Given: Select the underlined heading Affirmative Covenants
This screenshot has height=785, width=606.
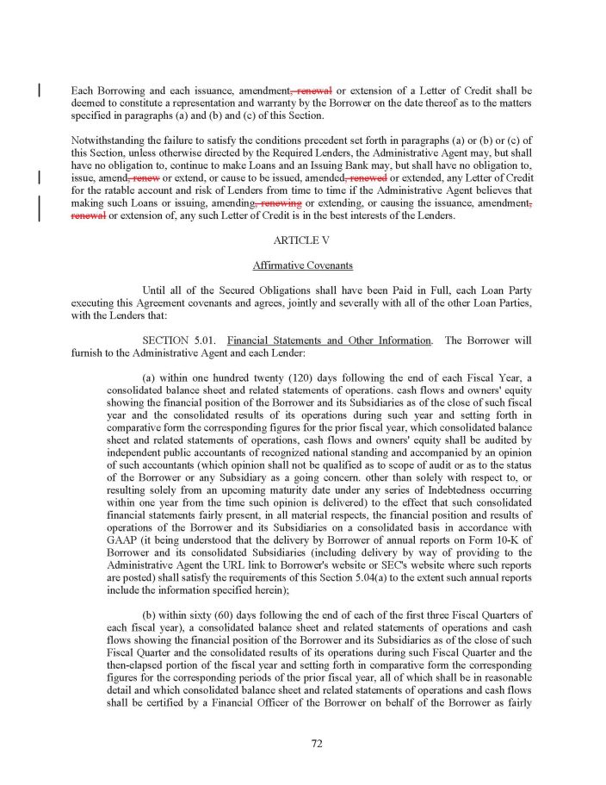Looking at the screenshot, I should tap(302, 265).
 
